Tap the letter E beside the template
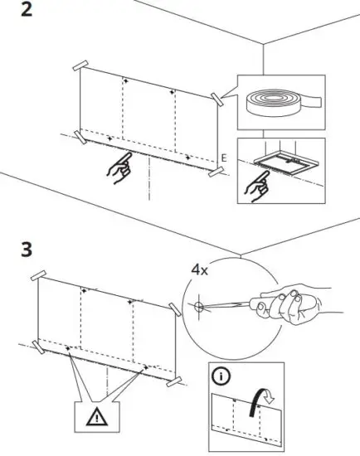click(x=224, y=157)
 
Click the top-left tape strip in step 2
click(x=80, y=65)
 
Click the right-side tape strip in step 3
click(x=175, y=309)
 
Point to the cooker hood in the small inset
click(x=280, y=161)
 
